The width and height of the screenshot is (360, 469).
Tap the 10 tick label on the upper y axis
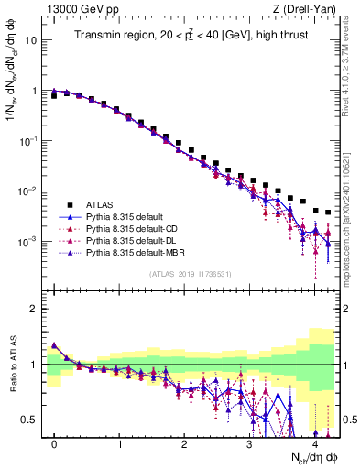(x=31, y=41)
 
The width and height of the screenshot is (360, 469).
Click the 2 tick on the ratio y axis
(x=34, y=309)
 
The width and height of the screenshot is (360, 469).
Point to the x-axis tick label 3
(x=249, y=444)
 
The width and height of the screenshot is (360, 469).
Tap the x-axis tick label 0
(x=55, y=444)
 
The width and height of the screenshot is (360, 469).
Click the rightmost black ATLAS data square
(x=328, y=213)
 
